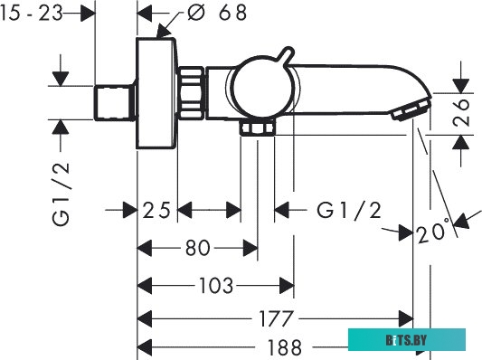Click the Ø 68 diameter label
pos(217,13)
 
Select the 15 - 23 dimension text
pos(32,14)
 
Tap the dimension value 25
pos(156,210)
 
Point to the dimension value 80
pos(198,248)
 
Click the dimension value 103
pos(216,285)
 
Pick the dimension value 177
pos(276,318)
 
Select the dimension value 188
pos(285,347)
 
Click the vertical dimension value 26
pos(461,112)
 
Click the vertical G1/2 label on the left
pos(61,194)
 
